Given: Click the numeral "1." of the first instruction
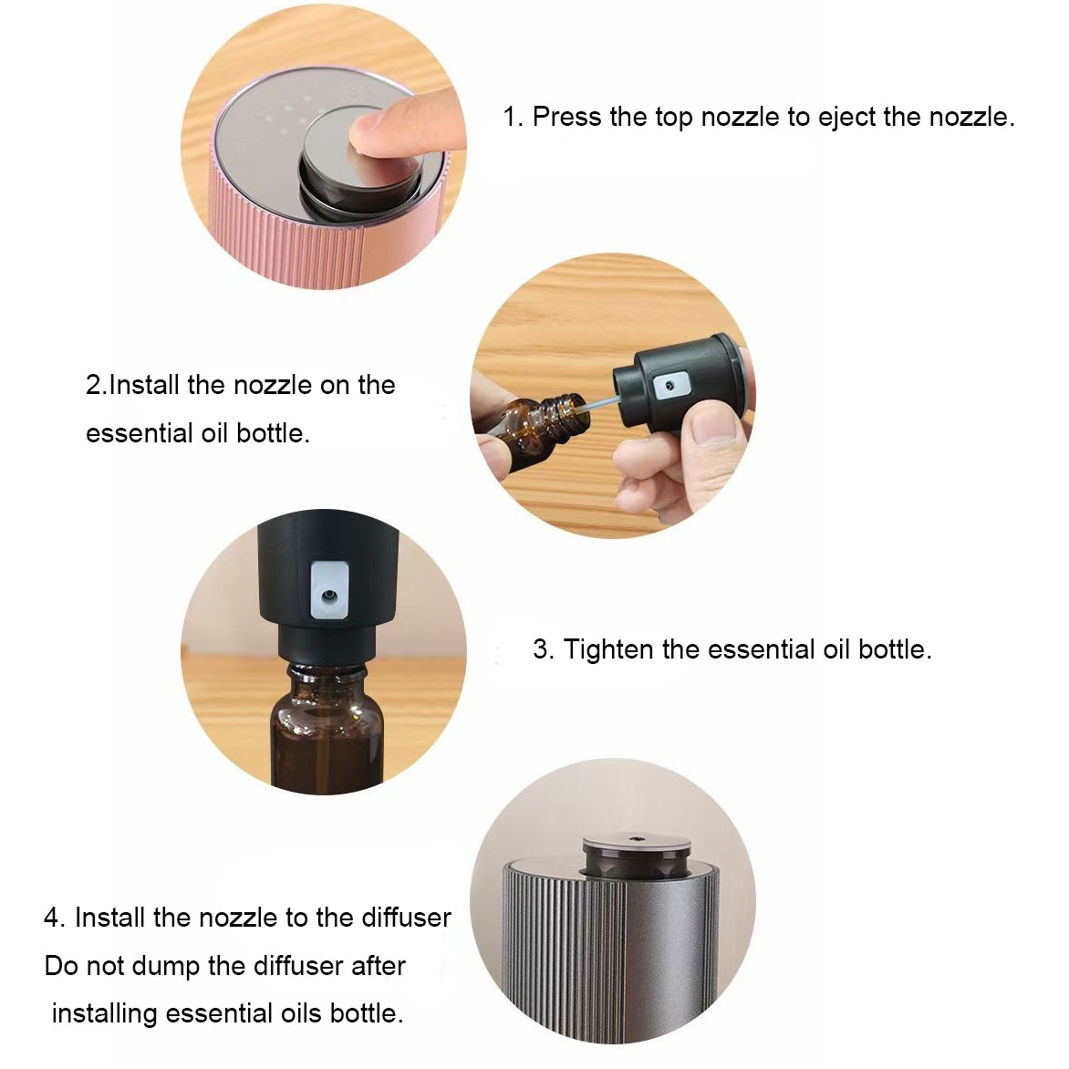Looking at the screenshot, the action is click(513, 117).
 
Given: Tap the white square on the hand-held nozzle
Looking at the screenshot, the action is click(668, 386).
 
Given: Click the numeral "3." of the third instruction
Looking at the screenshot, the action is click(544, 649).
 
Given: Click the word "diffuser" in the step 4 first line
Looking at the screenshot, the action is click(406, 918).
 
